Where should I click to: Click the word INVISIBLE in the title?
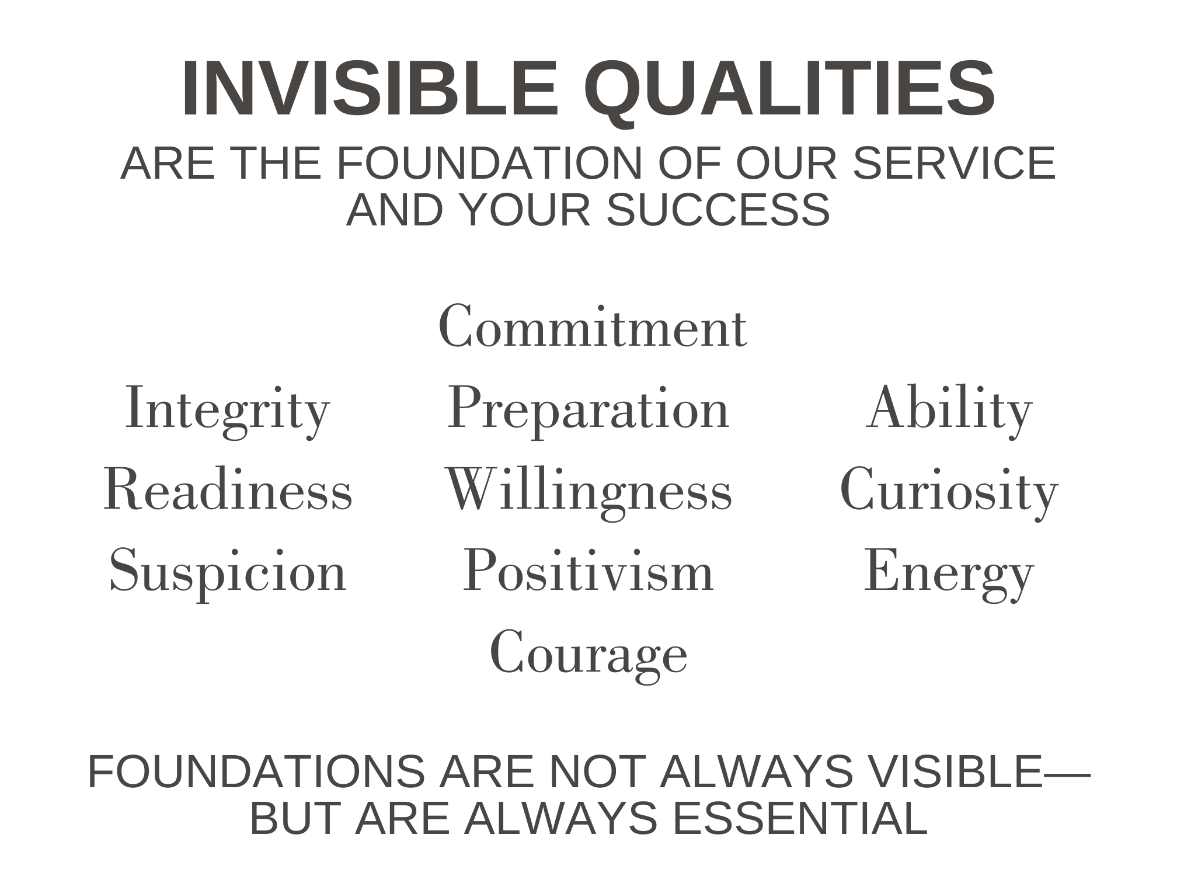[371, 89]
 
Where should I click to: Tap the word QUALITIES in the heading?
[790, 92]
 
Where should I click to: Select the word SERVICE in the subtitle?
[955, 163]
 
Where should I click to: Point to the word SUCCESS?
[718, 210]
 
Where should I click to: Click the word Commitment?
[593, 326]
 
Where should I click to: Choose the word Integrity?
[228, 410]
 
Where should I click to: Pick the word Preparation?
[588, 410]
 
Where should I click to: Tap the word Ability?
[949, 410]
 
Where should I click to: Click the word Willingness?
[588, 492]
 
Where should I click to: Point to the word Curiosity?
[949, 492]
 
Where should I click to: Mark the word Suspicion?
[228, 573]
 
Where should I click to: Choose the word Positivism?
[588, 571]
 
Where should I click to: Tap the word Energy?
[949, 573]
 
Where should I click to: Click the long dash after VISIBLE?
[1067, 774]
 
